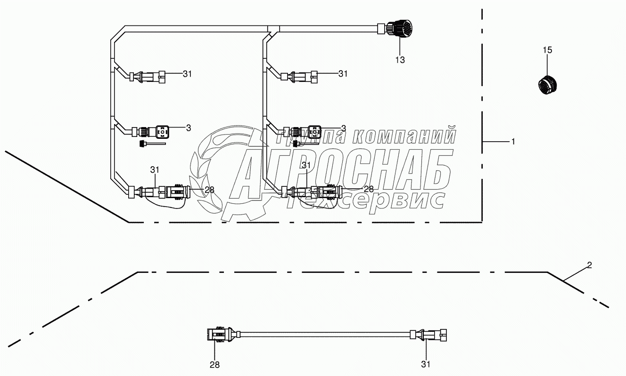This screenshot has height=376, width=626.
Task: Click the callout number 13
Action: pos(400,60)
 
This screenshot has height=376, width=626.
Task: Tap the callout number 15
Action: pos(547,50)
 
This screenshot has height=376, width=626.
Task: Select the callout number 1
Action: pos(513,142)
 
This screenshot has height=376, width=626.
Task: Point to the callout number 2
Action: pos(589,265)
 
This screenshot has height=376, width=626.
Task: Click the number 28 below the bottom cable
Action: pos(214,365)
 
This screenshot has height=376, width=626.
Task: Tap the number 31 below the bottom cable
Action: pos(426,364)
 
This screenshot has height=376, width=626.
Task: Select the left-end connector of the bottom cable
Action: pos(221,334)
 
